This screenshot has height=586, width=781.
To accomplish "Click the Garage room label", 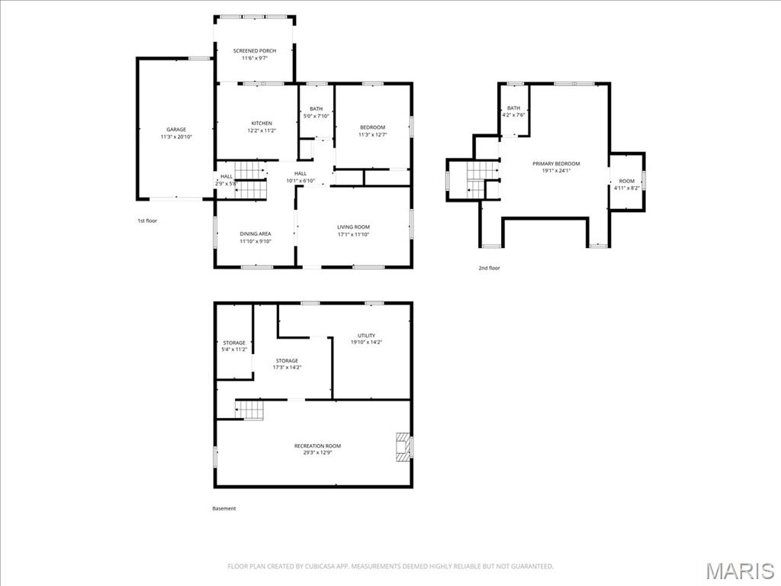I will pos(176,130).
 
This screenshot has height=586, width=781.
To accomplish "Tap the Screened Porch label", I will pos(255,51).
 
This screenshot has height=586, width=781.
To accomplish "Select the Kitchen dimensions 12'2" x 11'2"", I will pos(262,130).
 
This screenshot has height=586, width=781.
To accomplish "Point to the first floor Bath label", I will pos(316,109).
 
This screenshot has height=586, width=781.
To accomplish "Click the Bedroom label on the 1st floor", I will pos(373,127).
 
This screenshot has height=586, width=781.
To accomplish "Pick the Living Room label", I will pos(353,227).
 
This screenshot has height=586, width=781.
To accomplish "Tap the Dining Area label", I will pos(256,234).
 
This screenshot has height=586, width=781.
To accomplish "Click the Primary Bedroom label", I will pos(556,164).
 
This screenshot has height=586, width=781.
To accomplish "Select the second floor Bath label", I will pos(513,108).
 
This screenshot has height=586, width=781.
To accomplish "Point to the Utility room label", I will pos(366,336).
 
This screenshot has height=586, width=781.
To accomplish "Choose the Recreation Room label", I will pos(317,446).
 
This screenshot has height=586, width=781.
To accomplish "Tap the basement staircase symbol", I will pos(249,410).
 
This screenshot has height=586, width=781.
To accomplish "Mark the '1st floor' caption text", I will pos(147,221).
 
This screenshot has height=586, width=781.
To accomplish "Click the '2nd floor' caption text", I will pos(489,268).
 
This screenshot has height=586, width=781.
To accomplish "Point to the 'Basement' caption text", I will pos(224,508).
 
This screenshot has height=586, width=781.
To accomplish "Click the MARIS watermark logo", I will pos(739,570).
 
